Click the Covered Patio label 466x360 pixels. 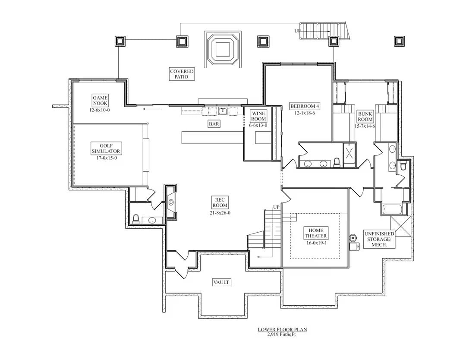pyautogui.click(x=182, y=74)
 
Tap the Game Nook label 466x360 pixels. pyautogui.click(x=100, y=101)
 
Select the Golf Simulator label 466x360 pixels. pyautogui.click(x=106, y=148)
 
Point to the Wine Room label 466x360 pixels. pyautogui.click(x=258, y=116)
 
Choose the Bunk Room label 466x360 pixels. pyautogui.click(x=365, y=117)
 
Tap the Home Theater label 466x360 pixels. pyautogui.click(x=316, y=233)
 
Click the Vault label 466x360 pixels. pyautogui.click(x=221, y=282)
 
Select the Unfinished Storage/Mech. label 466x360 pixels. pyautogui.click(x=379, y=239)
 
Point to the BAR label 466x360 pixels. pyautogui.click(x=214, y=124)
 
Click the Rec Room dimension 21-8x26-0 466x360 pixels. pyautogui.click(x=220, y=212)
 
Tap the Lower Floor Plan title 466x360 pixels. pyautogui.click(x=282, y=329)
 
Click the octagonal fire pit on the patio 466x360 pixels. pyautogui.click(x=222, y=48)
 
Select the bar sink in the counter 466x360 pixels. pyautogui.click(x=223, y=111)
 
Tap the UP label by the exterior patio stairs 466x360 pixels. pyautogui.click(x=298, y=31)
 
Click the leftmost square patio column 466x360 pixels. pyautogui.click(x=120, y=41)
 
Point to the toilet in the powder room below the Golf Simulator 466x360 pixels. pyautogui.click(x=135, y=219)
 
